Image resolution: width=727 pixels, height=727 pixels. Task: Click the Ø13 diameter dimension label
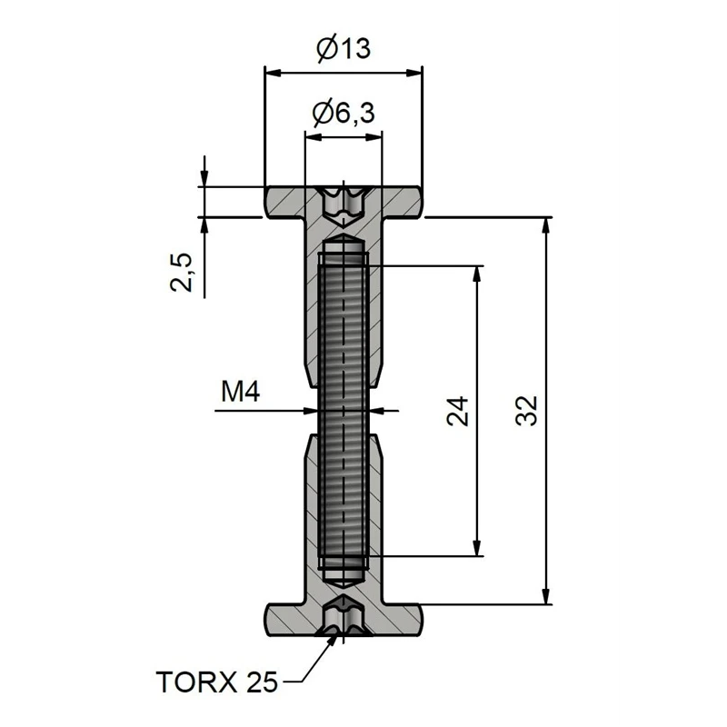[344, 48]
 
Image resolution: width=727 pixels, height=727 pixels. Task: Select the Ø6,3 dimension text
[344, 114]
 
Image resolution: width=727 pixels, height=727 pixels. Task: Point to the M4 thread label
[241, 393]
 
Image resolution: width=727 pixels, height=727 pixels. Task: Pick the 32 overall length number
[526, 411]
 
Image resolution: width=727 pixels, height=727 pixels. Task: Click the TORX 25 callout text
[217, 681]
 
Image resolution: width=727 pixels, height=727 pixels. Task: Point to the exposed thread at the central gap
[344, 411]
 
